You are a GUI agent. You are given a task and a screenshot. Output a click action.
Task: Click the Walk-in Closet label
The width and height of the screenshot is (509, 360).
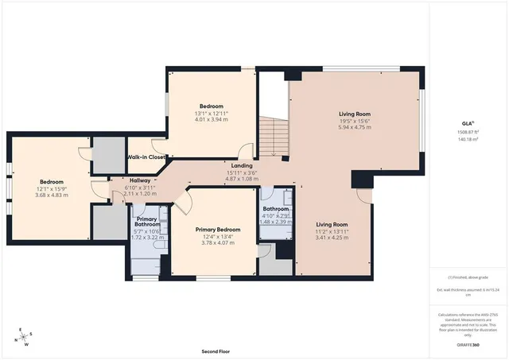pyautogui.click(x=146, y=157)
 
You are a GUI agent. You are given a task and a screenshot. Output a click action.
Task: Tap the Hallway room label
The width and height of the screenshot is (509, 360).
pyautogui.click(x=140, y=180)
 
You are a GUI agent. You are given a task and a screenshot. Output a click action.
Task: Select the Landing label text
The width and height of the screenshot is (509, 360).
pyautogui.click(x=242, y=165)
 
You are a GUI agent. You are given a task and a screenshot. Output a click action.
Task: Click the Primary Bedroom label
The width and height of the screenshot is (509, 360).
pyautogui.click(x=217, y=228)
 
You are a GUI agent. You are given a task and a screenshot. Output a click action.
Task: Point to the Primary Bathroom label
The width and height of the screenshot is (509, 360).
pyautogui.click(x=146, y=223)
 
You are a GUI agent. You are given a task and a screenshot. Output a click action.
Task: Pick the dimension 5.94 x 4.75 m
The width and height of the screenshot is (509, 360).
pyautogui.click(x=355, y=127)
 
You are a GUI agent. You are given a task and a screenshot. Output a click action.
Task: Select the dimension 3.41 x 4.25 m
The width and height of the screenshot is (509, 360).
pyautogui.click(x=332, y=238)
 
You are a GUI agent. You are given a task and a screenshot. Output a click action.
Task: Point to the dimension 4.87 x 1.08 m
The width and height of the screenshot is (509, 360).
pyautogui.click(x=242, y=180)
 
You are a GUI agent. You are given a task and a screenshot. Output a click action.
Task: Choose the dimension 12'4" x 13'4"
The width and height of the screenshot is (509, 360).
pyautogui.click(x=217, y=236)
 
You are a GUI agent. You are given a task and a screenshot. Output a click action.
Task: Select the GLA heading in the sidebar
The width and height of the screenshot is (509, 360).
pyautogui.click(x=468, y=123)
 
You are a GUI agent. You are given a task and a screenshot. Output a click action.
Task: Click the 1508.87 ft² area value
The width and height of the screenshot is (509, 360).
pyautogui.click(x=468, y=132)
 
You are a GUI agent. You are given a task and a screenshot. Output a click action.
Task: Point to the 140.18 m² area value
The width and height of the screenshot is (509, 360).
pyautogui.click(x=468, y=139)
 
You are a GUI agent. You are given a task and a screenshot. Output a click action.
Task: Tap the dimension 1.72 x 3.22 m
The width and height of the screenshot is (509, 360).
pyautogui.click(x=146, y=238)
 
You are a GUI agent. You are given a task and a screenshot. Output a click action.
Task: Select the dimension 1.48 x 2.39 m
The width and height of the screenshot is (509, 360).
pyautogui.click(x=277, y=222)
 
